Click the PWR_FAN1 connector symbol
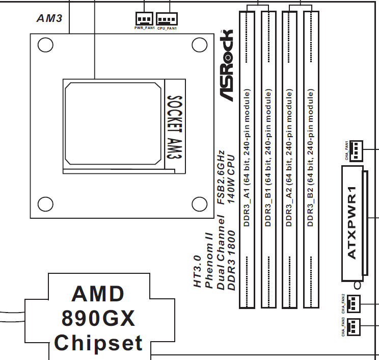pos(144,19)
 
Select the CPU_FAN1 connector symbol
pos(167,19)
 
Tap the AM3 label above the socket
pos(49,18)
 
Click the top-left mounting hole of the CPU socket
pos(45,45)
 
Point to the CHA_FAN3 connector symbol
pos(354,325)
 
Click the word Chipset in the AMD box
pos(98,343)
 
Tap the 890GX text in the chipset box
pos(98,319)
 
